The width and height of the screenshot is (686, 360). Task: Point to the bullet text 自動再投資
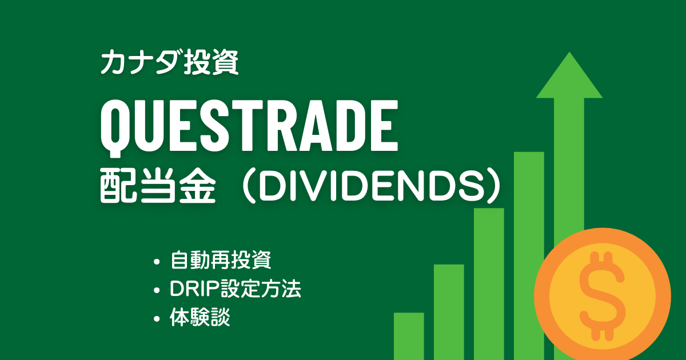click(220, 261)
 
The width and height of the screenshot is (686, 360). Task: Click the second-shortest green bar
click(449, 311)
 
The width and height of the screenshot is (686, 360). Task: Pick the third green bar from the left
click(489, 283)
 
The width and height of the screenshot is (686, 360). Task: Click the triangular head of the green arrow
click(569, 77)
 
